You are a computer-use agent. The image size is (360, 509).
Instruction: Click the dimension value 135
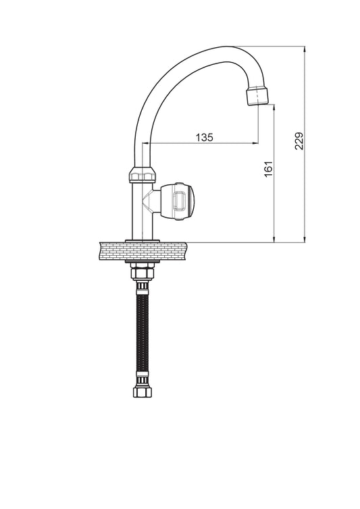click(205, 137)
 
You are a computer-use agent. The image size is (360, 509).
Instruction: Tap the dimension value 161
click(268, 169)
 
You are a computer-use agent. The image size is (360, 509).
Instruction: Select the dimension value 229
click(299, 141)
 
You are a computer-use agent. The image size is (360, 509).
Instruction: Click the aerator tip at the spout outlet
click(258, 95)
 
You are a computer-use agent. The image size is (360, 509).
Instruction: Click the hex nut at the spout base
click(143, 175)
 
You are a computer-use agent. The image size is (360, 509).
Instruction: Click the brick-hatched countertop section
click(143, 251)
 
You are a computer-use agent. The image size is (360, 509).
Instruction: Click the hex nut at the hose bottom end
click(143, 392)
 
